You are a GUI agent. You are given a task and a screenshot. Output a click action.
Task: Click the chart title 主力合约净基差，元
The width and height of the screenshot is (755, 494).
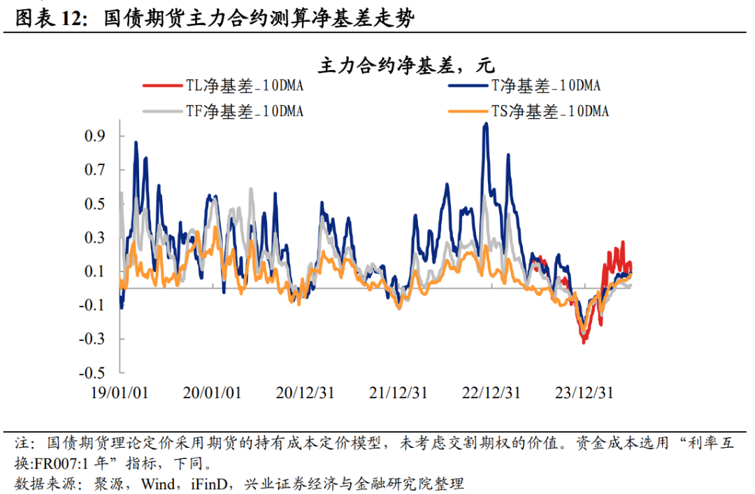tap(406, 66)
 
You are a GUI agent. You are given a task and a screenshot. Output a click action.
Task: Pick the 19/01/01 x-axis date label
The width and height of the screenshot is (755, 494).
tap(120, 393)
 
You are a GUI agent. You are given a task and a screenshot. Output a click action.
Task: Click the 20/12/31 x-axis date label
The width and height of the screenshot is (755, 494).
tap(305, 393)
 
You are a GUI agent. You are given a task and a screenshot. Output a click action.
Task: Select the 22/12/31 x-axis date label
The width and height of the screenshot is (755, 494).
tap(491, 393)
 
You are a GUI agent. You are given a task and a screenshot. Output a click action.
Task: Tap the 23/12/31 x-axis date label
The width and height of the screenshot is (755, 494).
tap(584, 393)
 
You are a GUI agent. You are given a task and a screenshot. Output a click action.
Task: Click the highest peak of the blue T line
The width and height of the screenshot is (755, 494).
tap(486, 125)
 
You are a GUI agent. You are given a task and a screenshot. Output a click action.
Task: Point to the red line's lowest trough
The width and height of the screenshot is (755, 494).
tap(584, 341)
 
